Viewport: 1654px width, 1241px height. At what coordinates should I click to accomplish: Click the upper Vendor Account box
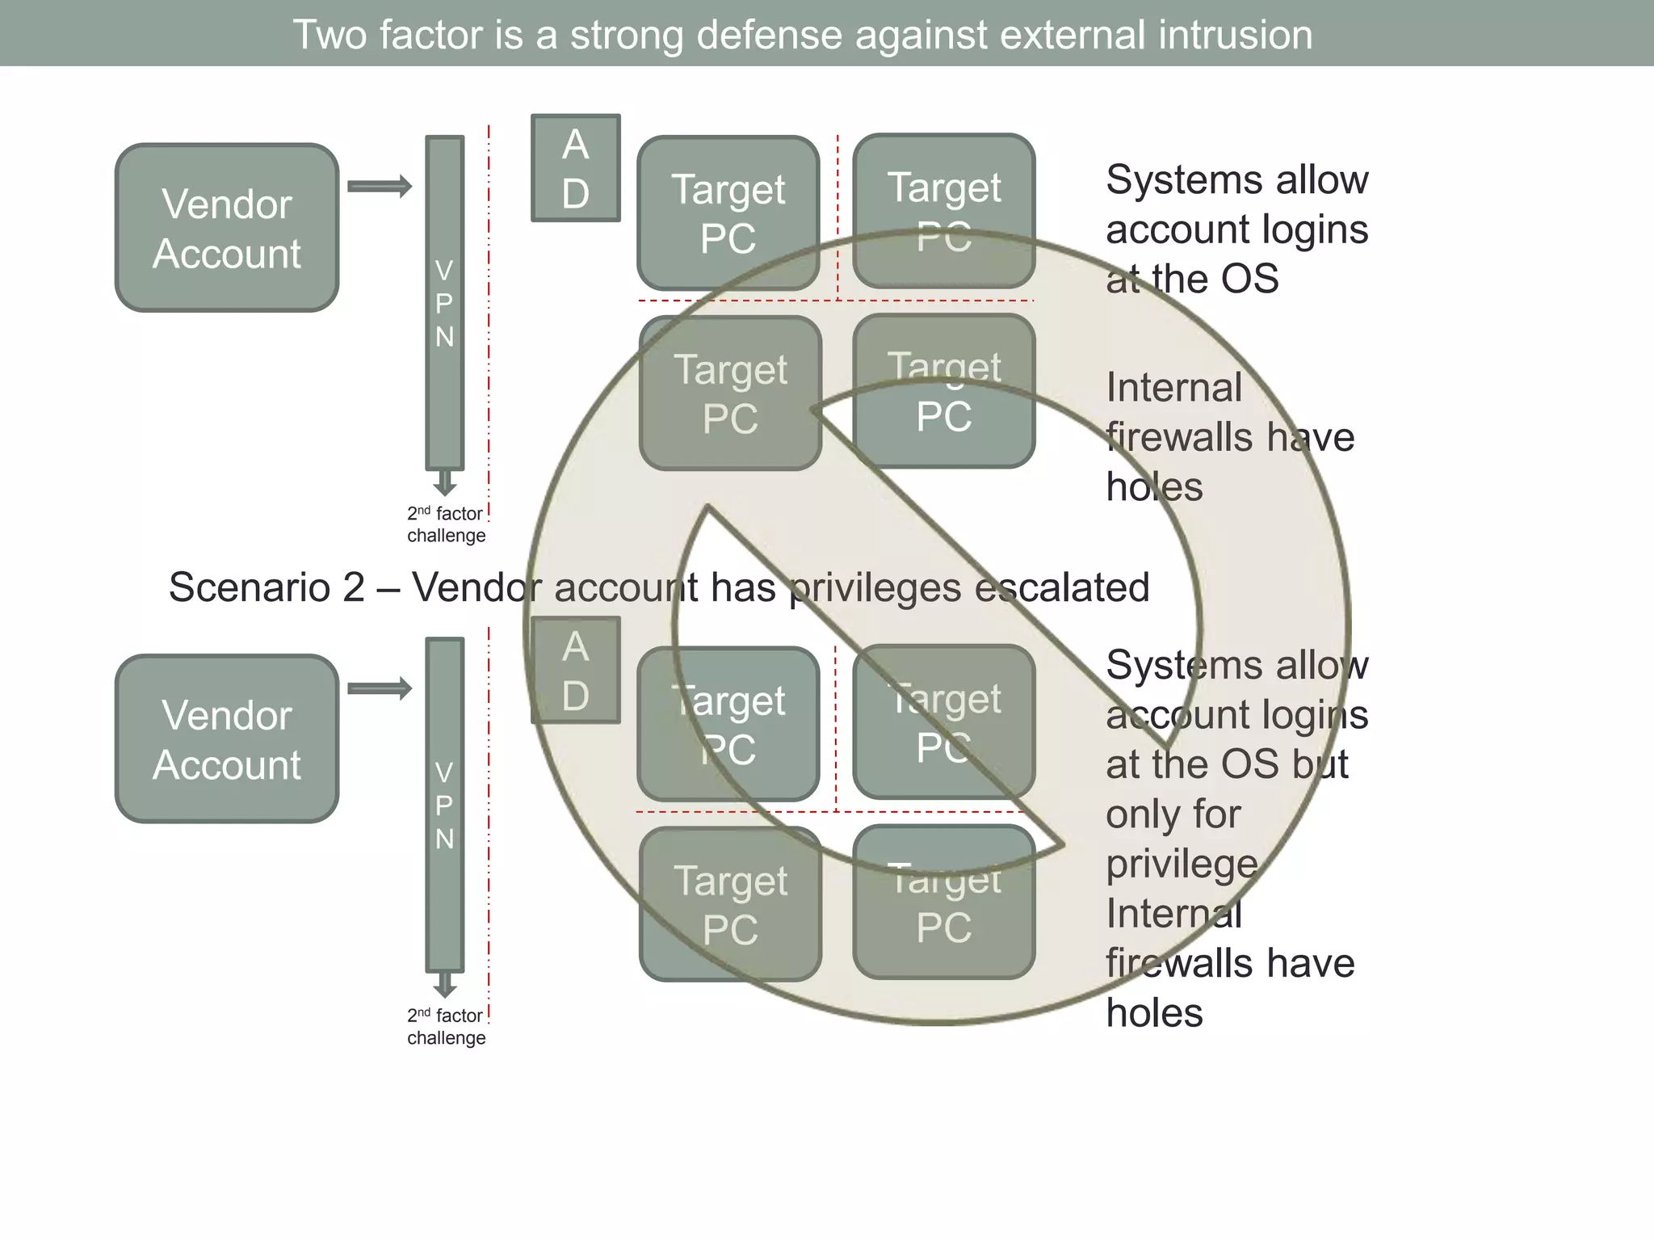tap(227, 228)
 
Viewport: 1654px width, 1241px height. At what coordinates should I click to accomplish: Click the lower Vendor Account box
tap(227, 739)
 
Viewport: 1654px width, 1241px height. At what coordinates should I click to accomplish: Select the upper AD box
tap(575, 168)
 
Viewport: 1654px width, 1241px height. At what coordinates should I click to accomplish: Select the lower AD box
tap(575, 671)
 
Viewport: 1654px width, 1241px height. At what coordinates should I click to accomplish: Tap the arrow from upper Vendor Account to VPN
tap(380, 187)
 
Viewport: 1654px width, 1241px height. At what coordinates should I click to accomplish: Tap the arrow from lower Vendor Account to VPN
tap(380, 689)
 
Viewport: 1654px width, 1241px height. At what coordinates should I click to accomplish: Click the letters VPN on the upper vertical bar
tap(444, 303)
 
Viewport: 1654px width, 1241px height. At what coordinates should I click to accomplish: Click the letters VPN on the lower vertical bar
tap(444, 806)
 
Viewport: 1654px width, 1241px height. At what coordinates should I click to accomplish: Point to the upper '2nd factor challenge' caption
tap(446, 524)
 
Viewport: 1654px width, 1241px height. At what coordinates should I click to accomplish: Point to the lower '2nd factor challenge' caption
tap(446, 1026)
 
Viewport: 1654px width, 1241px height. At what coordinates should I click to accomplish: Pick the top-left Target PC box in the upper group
tap(728, 213)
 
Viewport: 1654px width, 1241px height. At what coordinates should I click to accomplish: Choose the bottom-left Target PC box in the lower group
tap(730, 904)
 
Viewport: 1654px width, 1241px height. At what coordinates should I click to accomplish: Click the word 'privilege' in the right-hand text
tap(1182, 864)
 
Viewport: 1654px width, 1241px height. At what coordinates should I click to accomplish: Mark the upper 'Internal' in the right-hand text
tap(1173, 388)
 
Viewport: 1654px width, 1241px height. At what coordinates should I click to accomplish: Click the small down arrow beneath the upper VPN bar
tap(445, 483)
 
